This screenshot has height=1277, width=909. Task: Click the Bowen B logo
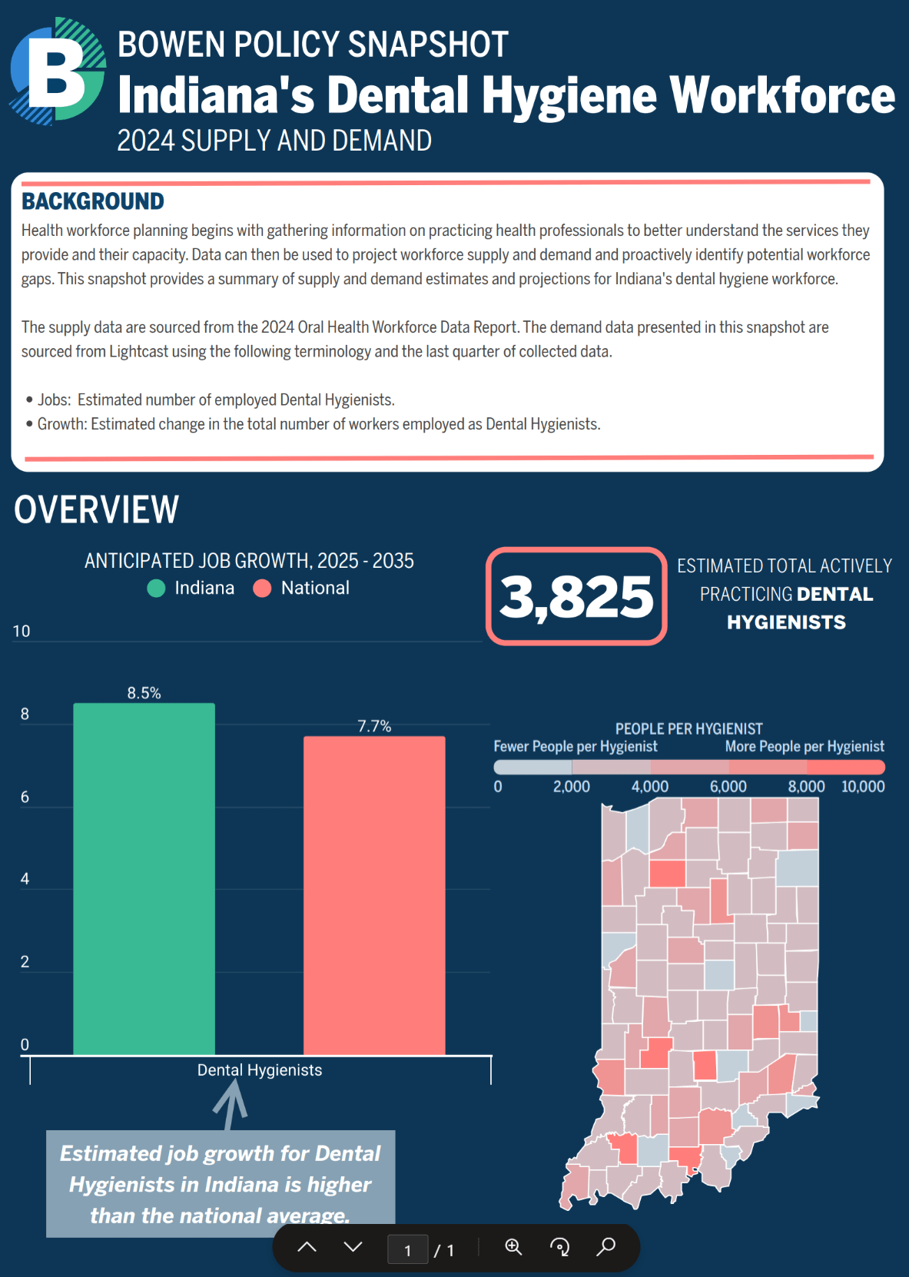(58, 71)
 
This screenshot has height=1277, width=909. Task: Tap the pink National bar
(374, 895)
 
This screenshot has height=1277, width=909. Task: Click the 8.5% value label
(144, 693)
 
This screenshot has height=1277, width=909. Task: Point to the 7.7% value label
(374, 726)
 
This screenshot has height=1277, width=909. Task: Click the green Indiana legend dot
(156, 589)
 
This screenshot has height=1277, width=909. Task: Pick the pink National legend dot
(262, 589)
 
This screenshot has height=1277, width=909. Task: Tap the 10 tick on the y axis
(22, 632)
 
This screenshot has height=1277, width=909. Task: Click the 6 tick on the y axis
(25, 797)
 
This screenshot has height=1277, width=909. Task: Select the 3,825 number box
(576, 596)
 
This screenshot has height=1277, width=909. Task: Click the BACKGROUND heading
(92, 201)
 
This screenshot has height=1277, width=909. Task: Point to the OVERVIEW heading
(96, 509)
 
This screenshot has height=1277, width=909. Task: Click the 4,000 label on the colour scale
(649, 787)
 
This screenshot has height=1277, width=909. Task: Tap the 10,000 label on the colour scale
(863, 787)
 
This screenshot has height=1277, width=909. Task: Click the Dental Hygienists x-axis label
(260, 1070)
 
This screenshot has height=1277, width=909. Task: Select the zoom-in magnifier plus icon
(513, 1247)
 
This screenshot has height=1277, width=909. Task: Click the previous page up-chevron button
(307, 1247)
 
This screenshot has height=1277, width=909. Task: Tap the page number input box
(407, 1250)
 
